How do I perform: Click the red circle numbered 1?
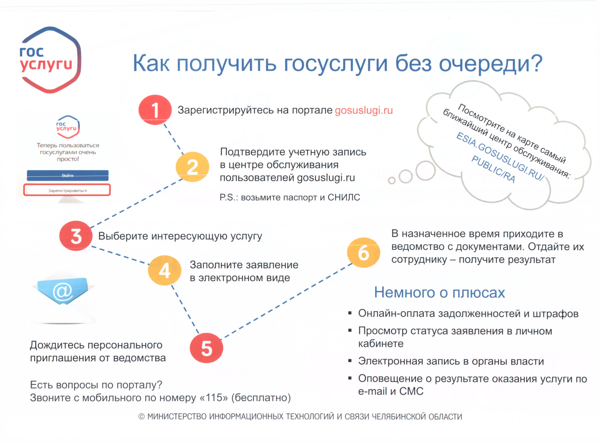point(155,110)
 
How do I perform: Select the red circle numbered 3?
point(76,236)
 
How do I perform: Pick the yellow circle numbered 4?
point(164,270)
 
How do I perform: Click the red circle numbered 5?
point(206,348)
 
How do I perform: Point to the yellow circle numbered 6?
point(363,253)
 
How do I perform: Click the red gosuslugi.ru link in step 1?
point(364,110)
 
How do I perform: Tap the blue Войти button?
point(67,176)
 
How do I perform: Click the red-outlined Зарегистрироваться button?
point(67,190)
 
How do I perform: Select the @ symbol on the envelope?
point(62,292)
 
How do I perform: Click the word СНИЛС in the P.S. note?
point(344,198)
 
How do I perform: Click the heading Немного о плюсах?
point(439,292)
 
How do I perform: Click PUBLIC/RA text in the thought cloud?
point(493,169)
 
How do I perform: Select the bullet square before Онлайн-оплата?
point(350,313)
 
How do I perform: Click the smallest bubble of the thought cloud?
point(392,181)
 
